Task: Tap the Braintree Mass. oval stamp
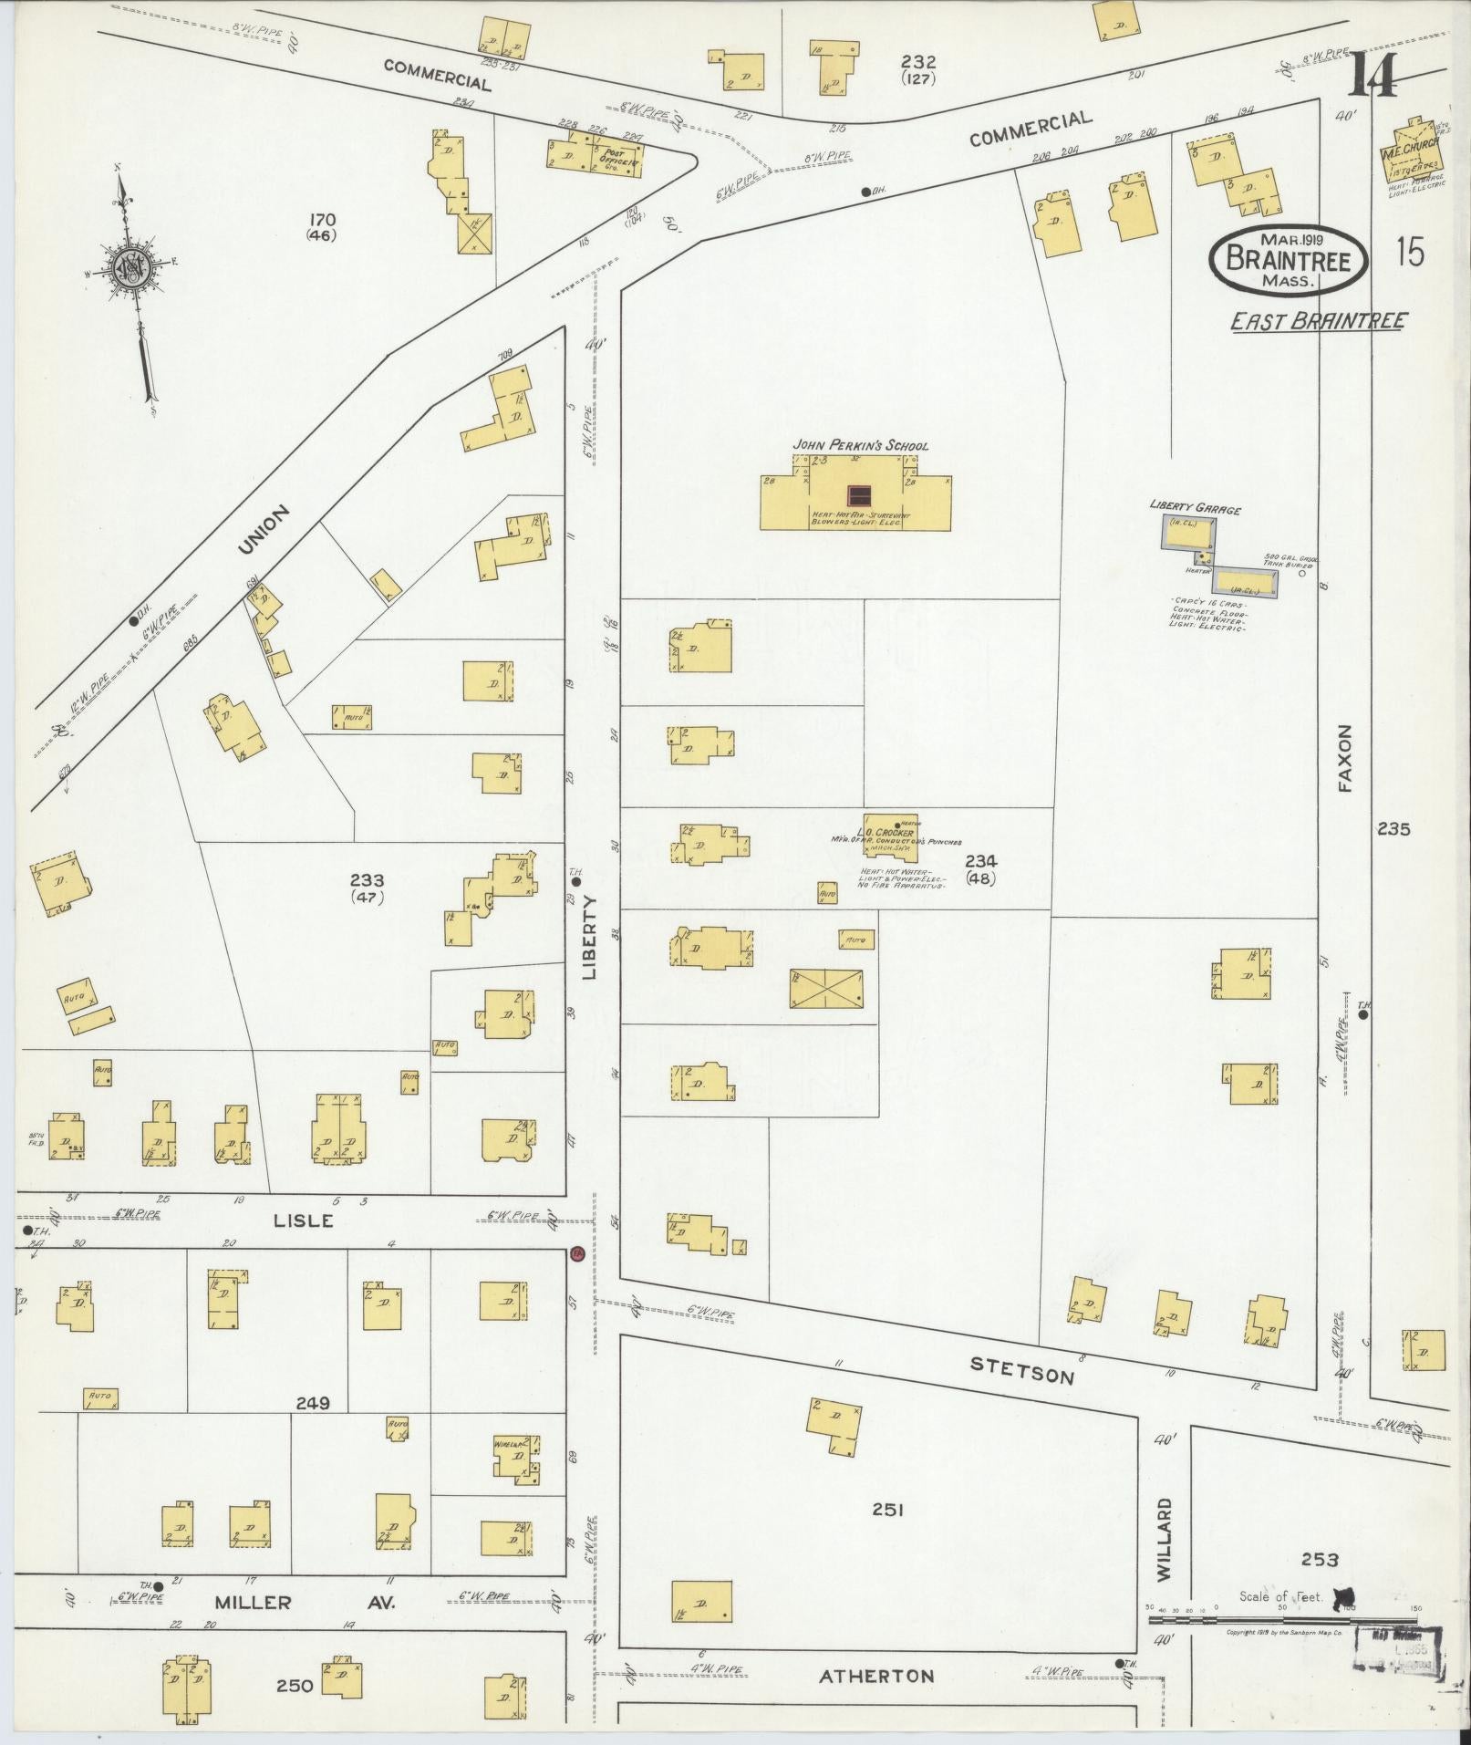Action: coord(1288,260)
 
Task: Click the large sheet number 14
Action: coord(1371,75)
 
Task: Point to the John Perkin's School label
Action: coord(860,445)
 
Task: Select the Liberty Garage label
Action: coord(1194,509)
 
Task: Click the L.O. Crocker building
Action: coord(891,834)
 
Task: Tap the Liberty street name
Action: coord(589,937)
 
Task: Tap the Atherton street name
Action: coord(876,1676)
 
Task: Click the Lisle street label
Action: coord(304,1220)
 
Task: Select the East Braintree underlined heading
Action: coord(1319,321)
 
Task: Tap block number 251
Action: coord(886,1510)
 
